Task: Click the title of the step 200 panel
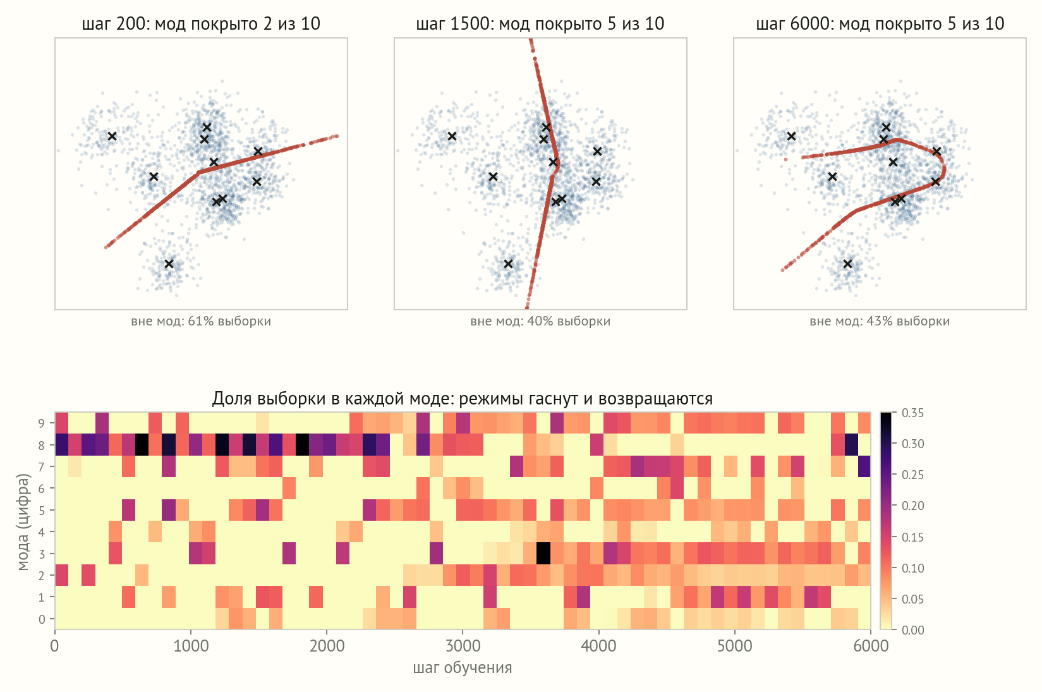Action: tap(201, 23)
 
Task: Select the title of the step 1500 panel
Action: tap(540, 23)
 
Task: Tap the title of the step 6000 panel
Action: tap(880, 23)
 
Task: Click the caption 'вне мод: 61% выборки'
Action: tap(201, 321)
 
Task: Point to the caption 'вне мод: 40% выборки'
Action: tap(540, 321)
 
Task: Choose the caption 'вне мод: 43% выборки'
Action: tap(880, 321)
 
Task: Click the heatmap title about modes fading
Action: tap(463, 399)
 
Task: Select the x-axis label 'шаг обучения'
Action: tap(463, 667)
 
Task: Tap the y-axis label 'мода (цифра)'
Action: tap(23, 521)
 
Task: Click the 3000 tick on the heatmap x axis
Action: tap(463, 646)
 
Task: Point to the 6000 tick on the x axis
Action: tap(870, 646)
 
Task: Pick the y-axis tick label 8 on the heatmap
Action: tap(42, 446)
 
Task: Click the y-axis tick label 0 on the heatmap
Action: tap(42, 619)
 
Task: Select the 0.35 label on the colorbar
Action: tap(912, 413)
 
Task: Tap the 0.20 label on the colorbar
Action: tap(912, 506)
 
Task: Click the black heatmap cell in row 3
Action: tap(543, 554)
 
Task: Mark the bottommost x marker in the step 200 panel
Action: tap(169, 264)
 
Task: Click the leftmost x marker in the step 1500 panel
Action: tap(452, 137)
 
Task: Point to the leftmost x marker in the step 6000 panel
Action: tap(791, 137)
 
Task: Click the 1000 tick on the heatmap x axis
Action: tap(191, 646)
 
